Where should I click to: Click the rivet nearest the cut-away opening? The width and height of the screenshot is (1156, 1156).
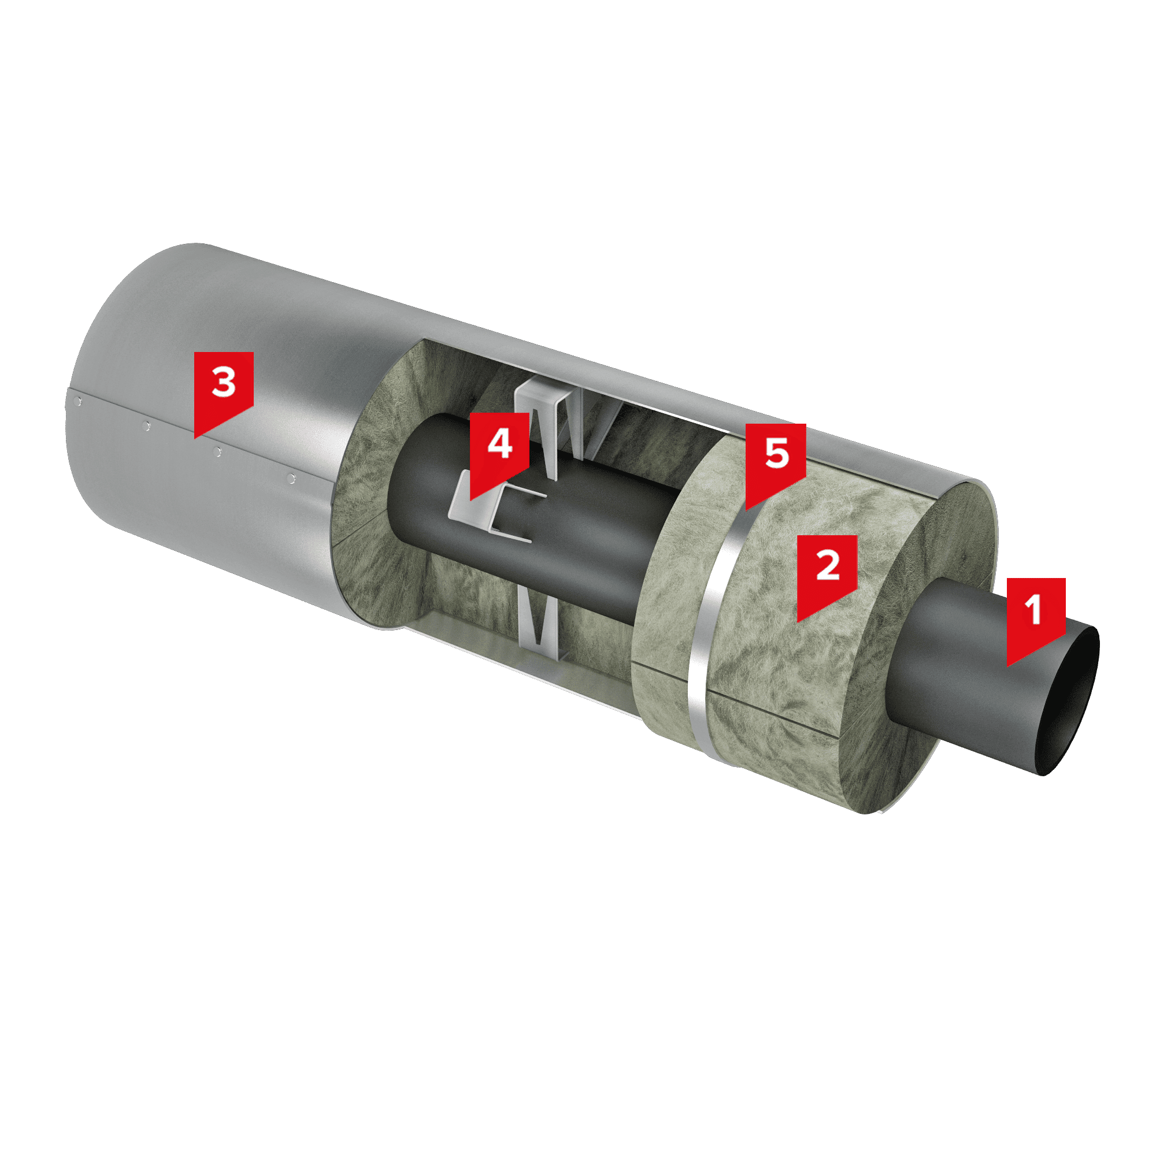point(291,477)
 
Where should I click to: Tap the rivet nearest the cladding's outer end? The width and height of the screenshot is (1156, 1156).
point(76,402)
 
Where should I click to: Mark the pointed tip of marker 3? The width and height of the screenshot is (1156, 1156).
point(195,439)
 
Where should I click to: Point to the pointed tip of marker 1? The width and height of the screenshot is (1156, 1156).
point(1007,666)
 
